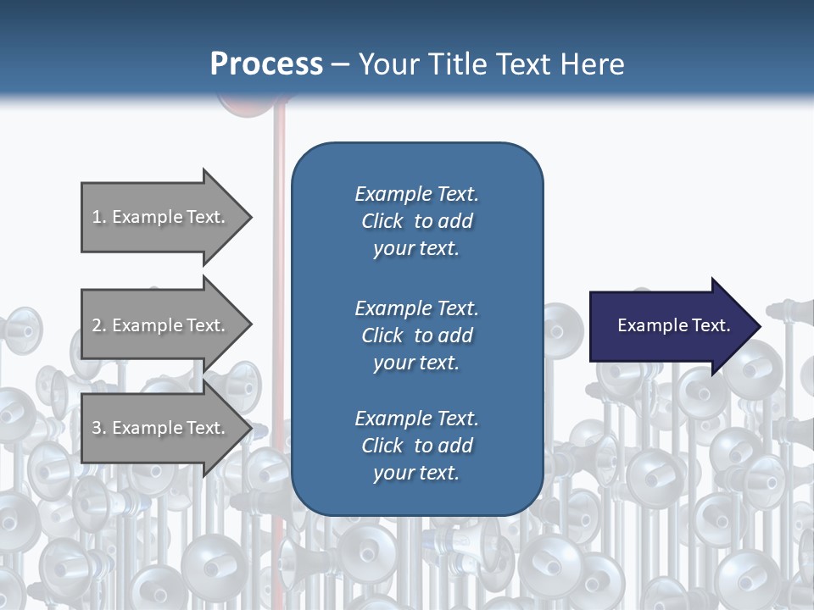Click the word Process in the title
point(266,64)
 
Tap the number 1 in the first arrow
point(98,217)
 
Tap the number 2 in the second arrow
point(98,325)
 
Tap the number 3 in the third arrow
point(98,428)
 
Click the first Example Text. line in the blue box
point(416,194)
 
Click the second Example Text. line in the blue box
point(416,308)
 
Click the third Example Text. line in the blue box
point(416,419)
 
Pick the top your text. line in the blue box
point(416,249)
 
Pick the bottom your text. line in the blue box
point(416,473)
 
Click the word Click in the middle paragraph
point(382,335)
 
